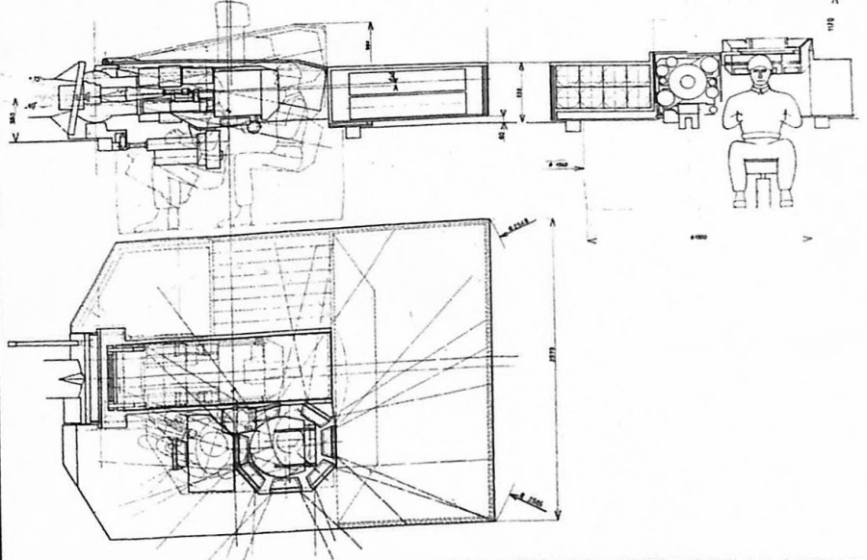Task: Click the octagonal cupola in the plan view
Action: [287, 445]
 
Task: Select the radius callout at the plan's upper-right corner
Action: [513, 227]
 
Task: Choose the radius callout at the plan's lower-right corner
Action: [520, 497]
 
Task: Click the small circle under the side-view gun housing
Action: [253, 125]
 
